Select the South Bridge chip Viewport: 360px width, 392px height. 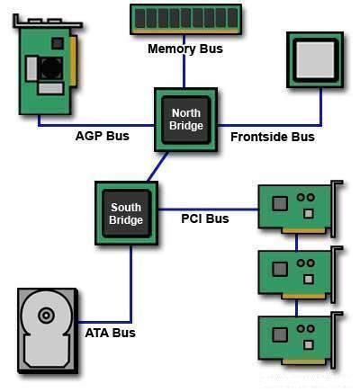(x=126, y=213)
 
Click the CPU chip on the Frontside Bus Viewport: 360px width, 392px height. (x=314, y=61)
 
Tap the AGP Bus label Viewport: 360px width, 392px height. (x=102, y=137)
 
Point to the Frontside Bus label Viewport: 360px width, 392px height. (x=273, y=137)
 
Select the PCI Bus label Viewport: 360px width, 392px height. (x=205, y=218)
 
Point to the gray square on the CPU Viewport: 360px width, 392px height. (x=314, y=59)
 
